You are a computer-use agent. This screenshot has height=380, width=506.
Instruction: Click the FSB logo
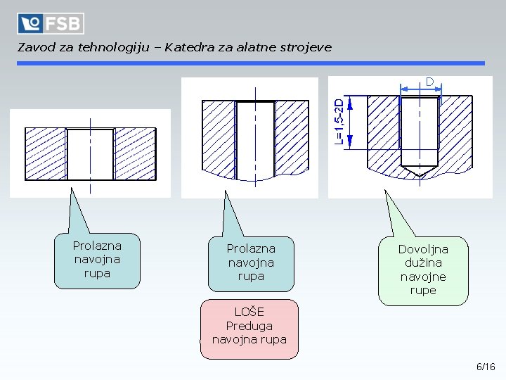pyautogui.click(x=51, y=23)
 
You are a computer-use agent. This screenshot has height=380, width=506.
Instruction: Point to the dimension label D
pyautogui.click(x=429, y=82)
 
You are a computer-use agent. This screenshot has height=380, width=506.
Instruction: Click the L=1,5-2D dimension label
pyautogui.click(x=339, y=122)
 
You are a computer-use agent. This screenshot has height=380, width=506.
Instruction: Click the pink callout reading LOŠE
pyautogui.click(x=249, y=329)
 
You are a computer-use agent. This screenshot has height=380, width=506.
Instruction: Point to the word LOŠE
pyautogui.click(x=249, y=312)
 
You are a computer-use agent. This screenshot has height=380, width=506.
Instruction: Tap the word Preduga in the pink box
pyautogui.click(x=249, y=326)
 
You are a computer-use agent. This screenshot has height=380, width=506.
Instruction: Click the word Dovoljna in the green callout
pyautogui.click(x=423, y=249)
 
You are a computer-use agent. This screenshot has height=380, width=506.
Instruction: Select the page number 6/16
pyautogui.click(x=486, y=367)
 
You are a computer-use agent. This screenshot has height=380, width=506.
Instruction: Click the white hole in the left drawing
pyautogui.click(x=90, y=153)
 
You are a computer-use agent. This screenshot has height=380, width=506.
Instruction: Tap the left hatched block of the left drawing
pyautogui.click(x=46, y=153)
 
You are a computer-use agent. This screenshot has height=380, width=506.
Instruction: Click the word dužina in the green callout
pyautogui.click(x=423, y=262)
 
